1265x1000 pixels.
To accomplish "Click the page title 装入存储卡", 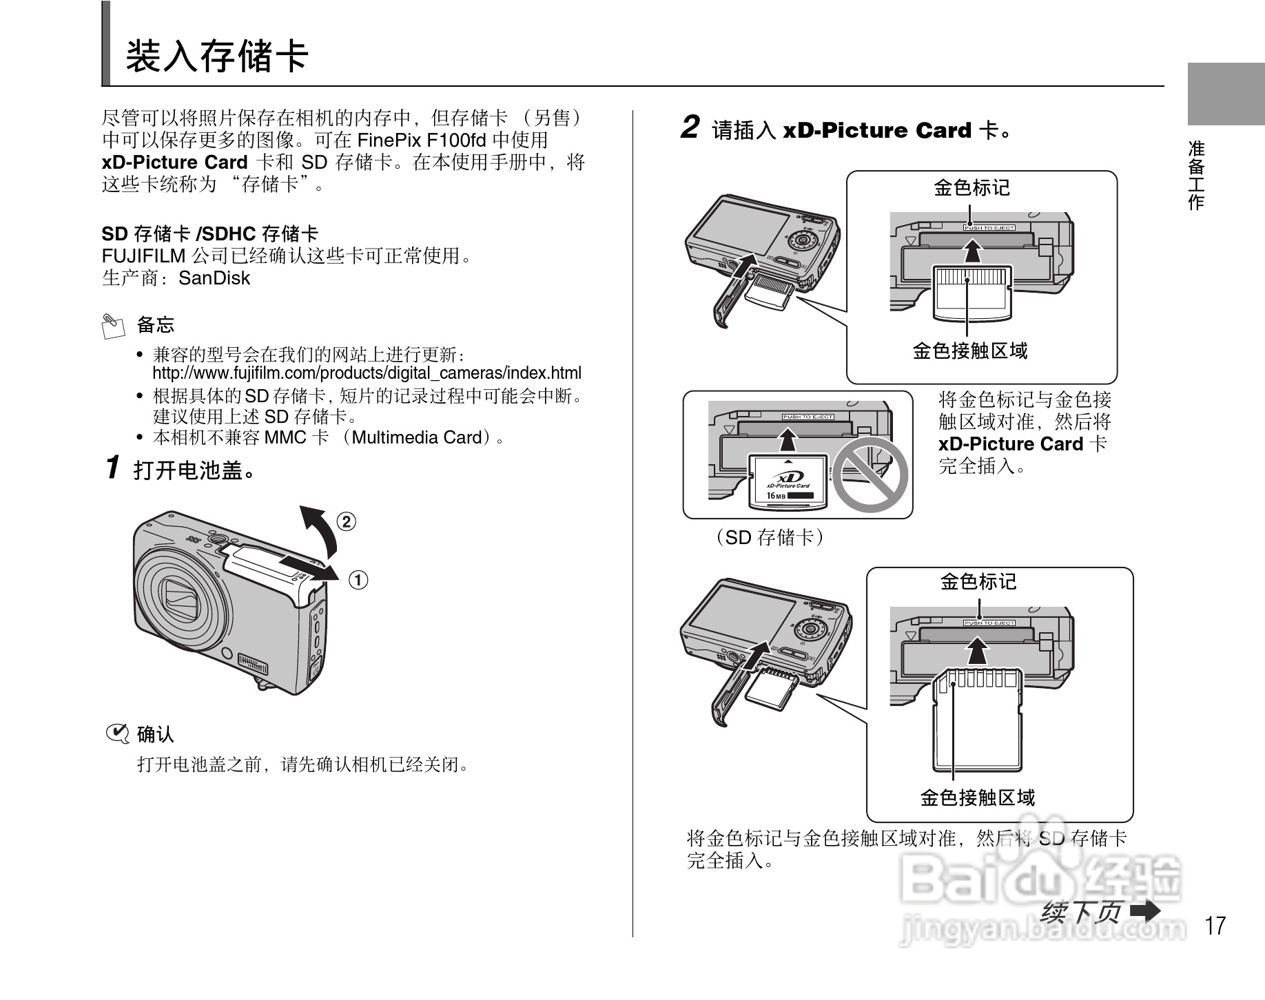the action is [x=216, y=56].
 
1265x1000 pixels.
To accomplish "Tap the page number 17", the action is [x=1215, y=925].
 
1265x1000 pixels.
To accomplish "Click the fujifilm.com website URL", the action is [x=367, y=373].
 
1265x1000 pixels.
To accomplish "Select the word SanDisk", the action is [x=214, y=278].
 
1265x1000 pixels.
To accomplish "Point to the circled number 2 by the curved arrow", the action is [x=346, y=521].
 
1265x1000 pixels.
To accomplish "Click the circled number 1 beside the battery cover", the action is [x=358, y=580].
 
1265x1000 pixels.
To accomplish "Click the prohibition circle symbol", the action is [x=870, y=474].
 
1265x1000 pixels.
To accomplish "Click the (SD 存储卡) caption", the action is [x=769, y=537].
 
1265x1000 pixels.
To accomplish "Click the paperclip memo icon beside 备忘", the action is [x=113, y=326].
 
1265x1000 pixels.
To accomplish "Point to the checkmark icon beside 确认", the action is [x=117, y=734].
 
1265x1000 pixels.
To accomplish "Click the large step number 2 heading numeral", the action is [x=690, y=127].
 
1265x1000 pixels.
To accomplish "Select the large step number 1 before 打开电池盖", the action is [x=113, y=468].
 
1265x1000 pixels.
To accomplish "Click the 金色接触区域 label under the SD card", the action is [x=977, y=798].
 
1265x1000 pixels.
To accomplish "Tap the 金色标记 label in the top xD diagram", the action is [x=971, y=187].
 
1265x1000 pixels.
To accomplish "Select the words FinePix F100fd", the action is [x=421, y=140].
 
